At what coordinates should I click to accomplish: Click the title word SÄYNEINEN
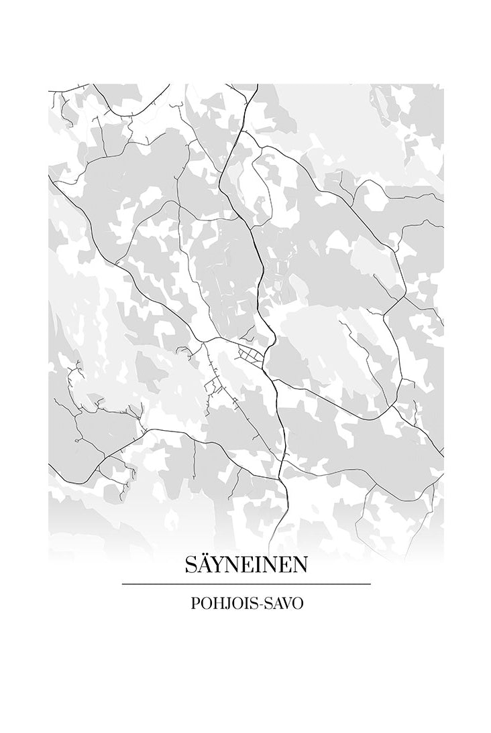(246, 565)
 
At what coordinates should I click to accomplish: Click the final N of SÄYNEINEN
(300, 565)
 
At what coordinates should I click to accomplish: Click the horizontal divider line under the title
(246, 584)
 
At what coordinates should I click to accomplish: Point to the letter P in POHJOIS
(195, 603)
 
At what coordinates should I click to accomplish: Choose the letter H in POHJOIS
(217, 603)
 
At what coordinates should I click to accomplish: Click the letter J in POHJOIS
(227, 604)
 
